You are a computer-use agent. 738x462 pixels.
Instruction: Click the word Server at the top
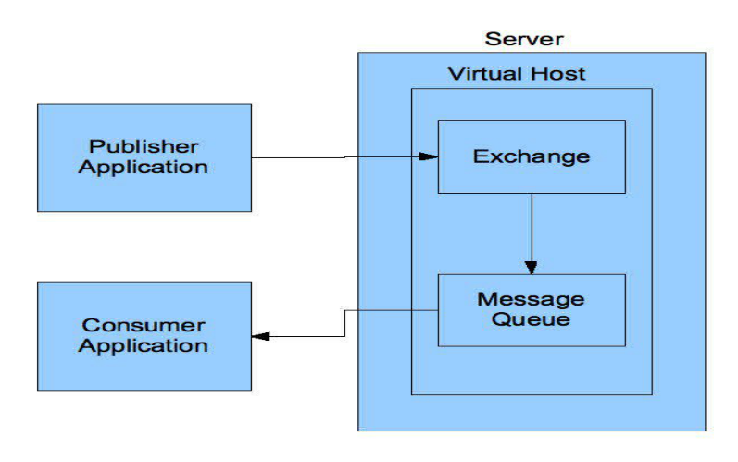point(524,40)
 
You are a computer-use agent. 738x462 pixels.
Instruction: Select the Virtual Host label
point(517,74)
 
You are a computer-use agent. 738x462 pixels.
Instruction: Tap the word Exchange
point(531,156)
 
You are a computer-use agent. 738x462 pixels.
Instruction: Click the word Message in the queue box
point(531,300)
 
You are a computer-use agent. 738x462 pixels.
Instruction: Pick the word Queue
point(531,320)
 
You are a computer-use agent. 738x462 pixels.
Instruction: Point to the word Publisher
point(144,146)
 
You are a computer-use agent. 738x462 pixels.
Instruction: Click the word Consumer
point(144,326)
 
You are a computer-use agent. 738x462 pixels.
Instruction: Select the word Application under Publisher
point(144,168)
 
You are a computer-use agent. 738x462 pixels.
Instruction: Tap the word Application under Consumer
point(144,347)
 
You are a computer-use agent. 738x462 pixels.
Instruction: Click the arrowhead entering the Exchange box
point(430,156)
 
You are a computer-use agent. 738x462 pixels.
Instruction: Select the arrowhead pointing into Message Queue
point(531,266)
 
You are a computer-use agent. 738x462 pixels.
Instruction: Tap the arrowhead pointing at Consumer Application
point(261,336)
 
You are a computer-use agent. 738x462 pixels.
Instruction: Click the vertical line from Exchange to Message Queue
point(531,227)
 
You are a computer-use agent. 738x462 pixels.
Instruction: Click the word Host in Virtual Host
point(560,74)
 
